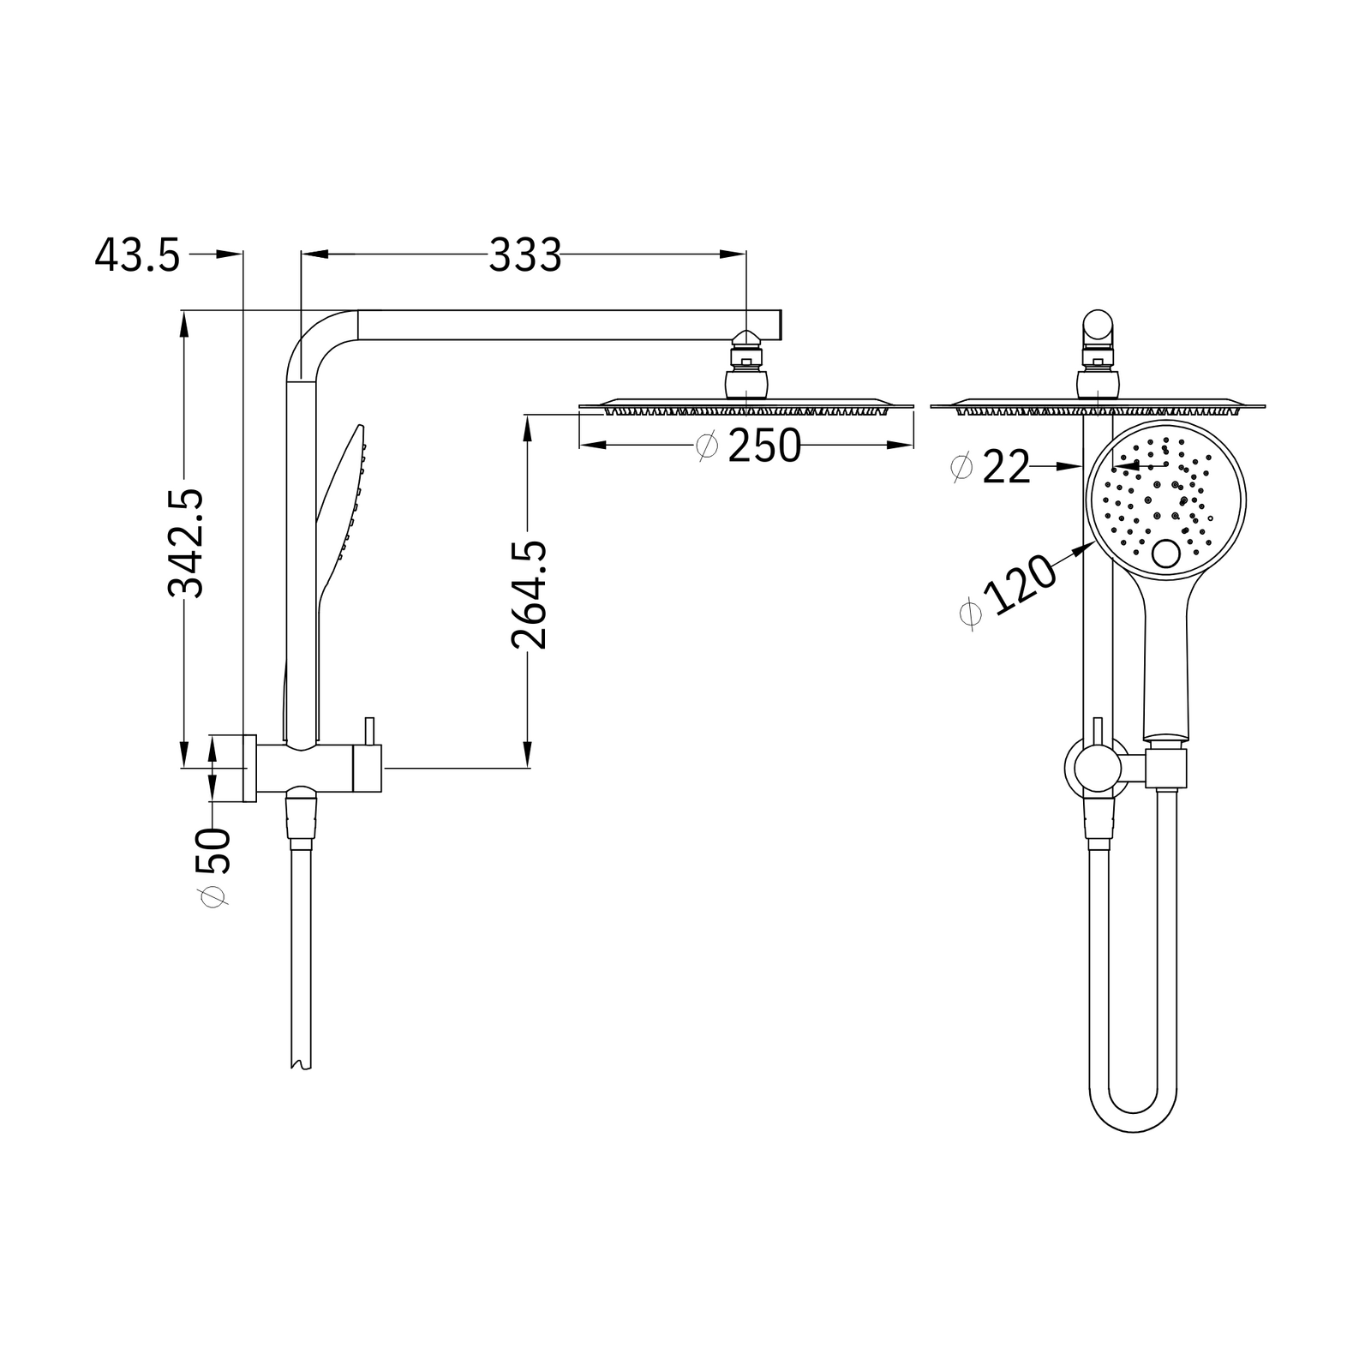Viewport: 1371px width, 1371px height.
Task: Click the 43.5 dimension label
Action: [138, 255]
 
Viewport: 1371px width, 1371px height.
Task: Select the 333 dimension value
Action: [524, 254]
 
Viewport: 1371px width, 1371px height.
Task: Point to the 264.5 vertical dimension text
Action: [529, 594]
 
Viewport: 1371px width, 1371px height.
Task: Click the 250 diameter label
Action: [750, 446]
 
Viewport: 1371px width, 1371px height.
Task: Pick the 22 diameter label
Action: [991, 468]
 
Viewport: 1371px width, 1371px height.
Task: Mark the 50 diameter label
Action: [214, 865]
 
